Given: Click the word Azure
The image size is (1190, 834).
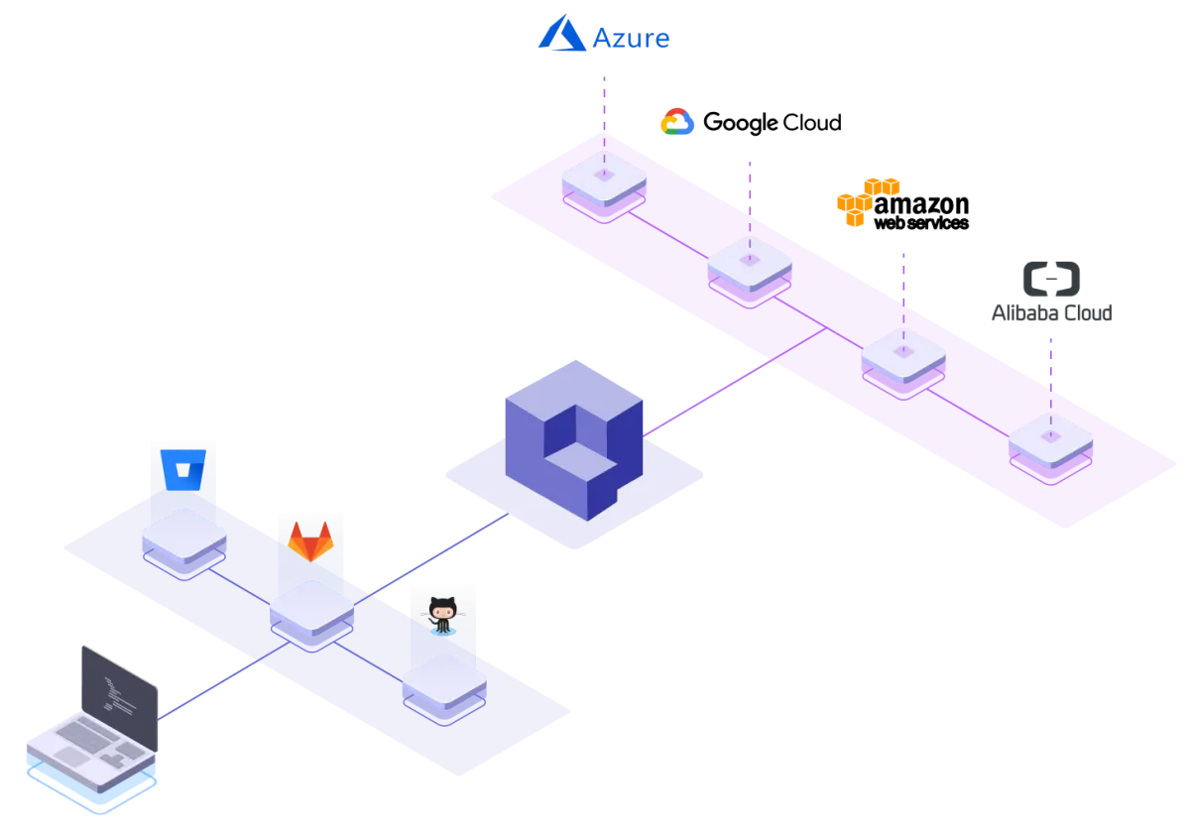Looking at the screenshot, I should tap(632, 39).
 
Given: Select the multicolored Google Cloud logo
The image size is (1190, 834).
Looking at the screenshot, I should tap(678, 123).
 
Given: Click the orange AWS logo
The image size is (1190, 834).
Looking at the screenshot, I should tap(866, 201).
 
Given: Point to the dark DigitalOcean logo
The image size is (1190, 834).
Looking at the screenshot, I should tap(1053, 288).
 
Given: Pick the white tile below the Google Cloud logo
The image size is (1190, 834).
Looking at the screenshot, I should tap(750, 262).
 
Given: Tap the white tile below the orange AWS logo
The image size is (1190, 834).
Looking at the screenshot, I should tap(902, 352).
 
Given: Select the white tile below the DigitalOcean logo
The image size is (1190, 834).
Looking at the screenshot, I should tap(1051, 437).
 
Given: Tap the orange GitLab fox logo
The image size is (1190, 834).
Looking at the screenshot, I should tap(310, 543).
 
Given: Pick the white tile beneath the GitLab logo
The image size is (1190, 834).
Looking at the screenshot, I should tap(311, 606).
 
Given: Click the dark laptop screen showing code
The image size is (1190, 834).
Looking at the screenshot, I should tap(119, 684).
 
